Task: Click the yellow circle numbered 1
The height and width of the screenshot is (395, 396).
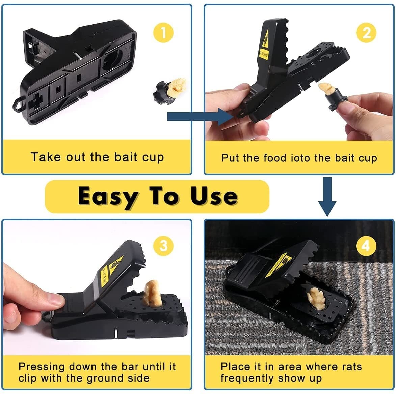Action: pyautogui.click(x=163, y=33)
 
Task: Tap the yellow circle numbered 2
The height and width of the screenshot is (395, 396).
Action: pyautogui.click(x=366, y=33)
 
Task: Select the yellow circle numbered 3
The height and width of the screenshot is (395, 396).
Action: pyautogui.click(x=163, y=246)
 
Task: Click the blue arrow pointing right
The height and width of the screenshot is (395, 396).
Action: pyautogui.click(x=199, y=117)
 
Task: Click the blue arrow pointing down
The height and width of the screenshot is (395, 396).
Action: pyautogui.click(x=327, y=197)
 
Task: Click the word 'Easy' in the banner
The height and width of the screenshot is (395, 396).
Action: pyautogui.click(x=107, y=196)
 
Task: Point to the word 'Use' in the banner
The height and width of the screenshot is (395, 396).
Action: pyautogui.click(x=214, y=196)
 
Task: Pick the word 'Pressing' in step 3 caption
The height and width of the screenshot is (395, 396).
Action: pyautogui.click(x=42, y=366)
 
